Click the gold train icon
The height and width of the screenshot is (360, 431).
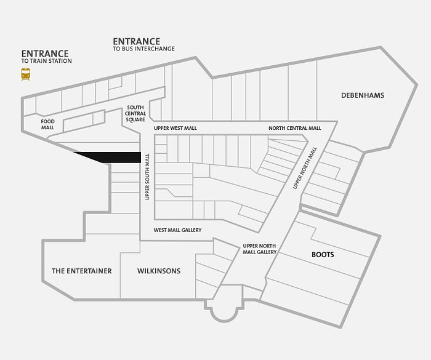[x=26, y=74]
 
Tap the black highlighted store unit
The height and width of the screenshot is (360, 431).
[x=116, y=157]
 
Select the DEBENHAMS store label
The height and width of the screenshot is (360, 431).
[x=363, y=95]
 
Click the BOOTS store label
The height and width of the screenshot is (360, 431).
[x=323, y=255]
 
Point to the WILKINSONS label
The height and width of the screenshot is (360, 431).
[x=159, y=271]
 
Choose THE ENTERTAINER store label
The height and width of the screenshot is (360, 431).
[x=82, y=271]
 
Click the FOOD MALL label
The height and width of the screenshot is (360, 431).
[x=48, y=124]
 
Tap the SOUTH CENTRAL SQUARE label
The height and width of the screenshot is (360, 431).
[x=135, y=113]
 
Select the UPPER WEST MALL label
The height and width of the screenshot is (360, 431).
[x=175, y=129]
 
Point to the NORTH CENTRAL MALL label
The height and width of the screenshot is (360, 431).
[x=295, y=129]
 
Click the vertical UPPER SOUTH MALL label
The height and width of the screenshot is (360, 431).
[x=147, y=177]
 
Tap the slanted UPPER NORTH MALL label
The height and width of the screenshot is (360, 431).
[x=305, y=168]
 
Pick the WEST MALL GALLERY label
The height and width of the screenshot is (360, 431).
[x=177, y=230]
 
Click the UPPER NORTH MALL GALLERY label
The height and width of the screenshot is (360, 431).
[x=259, y=249]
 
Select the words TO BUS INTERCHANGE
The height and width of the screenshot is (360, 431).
[x=143, y=49]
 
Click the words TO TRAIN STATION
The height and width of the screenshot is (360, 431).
[x=46, y=61]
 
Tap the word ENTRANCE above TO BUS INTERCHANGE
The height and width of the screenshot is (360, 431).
[x=137, y=41]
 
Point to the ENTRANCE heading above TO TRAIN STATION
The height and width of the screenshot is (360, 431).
[x=45, y=54]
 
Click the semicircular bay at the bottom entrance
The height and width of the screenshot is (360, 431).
[x=224, y=313]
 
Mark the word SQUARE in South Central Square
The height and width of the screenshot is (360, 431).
[x=135, y=120]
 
